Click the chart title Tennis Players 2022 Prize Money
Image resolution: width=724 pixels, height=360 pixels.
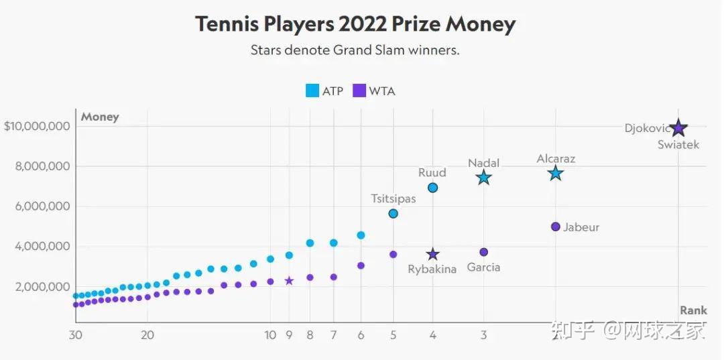(x=355, y=25)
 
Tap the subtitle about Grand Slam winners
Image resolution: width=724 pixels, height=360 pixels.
(x=355, y=50)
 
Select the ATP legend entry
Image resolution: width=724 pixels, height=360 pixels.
(x=324, y=91)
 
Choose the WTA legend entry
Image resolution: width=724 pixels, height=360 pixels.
(x=374, y=91)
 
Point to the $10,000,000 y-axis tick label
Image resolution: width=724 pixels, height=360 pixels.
(x=38, y=126)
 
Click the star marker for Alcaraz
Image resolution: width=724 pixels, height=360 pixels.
(x=555, y=174)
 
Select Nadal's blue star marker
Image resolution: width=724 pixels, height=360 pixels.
(x=483, y=178)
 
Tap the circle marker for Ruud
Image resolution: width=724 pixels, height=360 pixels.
(x=432, y=188)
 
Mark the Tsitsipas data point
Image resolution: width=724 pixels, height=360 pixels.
(x=394, y=213)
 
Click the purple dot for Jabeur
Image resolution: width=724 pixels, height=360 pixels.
(x=555, y=227)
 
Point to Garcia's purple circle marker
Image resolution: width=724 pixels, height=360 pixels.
(x=483, y=252)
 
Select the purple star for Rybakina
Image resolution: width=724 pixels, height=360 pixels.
(x=432, y=255)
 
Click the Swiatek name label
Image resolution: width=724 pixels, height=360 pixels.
(x=678, y=145)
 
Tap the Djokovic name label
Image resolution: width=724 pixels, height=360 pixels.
(x=647, y=128)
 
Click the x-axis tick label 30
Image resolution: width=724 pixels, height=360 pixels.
(x=76, y=335)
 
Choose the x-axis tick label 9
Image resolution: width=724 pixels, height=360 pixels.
(x=289, y=335)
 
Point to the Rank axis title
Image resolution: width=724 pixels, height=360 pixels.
(x=693, y=310)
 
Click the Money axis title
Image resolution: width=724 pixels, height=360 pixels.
(x=100, y=117)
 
